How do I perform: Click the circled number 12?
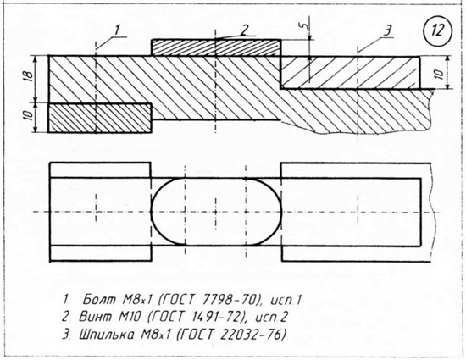(437, 30)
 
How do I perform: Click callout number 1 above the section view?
(117, 30)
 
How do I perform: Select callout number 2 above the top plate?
(244, 30)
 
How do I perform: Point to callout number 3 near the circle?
(387, 30)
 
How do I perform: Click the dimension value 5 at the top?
(302, 26)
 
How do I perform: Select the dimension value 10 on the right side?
(440, 73)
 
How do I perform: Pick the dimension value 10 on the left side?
(27, 116)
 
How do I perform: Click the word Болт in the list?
(99, 300)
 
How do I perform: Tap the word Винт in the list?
(96, 317)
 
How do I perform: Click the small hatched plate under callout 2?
(216, 47)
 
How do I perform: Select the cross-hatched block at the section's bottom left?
(100, 118)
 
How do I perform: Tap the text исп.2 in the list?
(272, 318)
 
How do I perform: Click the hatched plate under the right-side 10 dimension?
(350, 72)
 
